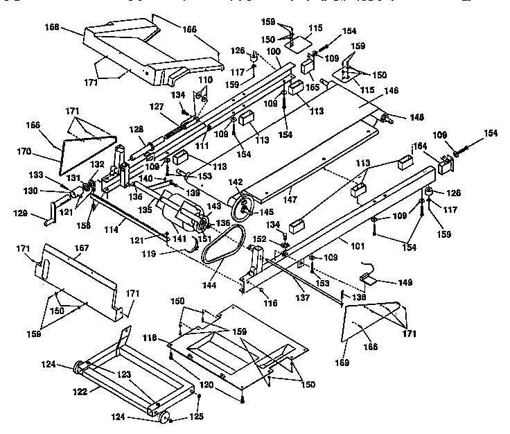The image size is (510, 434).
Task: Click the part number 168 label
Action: pyautogui.click(x=53, y=31)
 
